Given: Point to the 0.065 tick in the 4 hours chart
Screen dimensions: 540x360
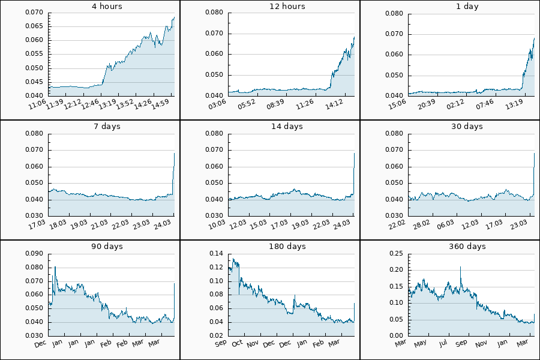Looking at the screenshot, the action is pos(34,26).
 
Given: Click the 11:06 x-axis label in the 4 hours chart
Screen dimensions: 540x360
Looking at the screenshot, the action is pos(38,106).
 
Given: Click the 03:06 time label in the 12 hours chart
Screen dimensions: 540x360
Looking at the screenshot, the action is pos(217,106).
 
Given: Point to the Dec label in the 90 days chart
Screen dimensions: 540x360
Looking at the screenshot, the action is pos(40,344).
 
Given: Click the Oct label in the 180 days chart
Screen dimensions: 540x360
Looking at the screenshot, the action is pos(237,344).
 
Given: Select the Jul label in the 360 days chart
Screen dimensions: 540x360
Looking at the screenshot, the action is pos(443,344).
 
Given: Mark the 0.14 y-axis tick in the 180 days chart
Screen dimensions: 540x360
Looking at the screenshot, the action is pos(216,254).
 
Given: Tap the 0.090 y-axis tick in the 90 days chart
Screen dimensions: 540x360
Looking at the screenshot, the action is pos(34,254).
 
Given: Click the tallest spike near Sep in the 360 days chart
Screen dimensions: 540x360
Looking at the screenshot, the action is pos(461,267).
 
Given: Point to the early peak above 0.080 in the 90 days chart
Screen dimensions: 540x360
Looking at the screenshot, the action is pos(55,266).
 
